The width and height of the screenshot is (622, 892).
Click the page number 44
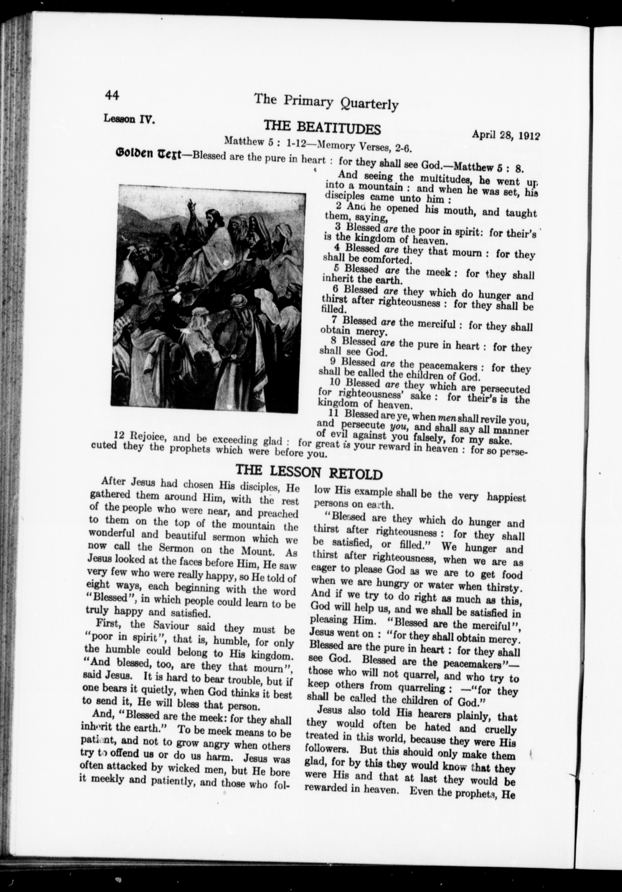112,95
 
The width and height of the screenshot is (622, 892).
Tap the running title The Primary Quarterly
326,102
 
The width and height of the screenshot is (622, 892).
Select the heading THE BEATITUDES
322,127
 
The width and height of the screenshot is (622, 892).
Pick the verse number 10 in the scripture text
335,382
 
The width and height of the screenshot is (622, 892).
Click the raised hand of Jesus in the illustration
190,204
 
